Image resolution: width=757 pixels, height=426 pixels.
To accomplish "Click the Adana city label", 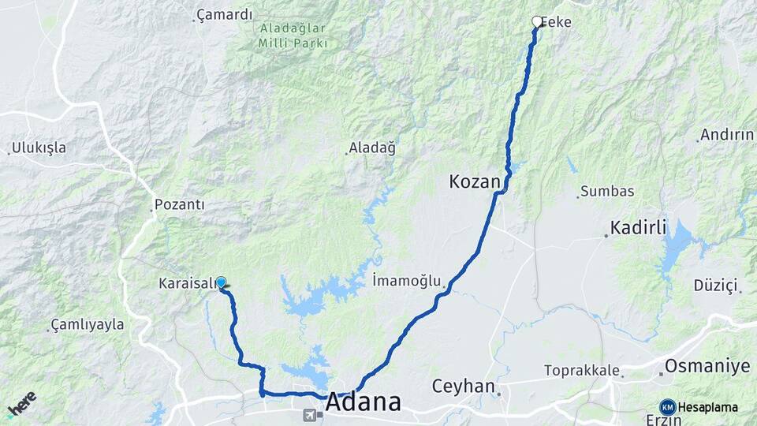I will coord(363,402).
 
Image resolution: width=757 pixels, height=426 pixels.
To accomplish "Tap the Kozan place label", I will coord(475,182).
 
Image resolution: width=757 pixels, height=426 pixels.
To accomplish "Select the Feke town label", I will coord(557,23).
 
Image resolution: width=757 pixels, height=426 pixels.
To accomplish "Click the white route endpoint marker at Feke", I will coord(537,21).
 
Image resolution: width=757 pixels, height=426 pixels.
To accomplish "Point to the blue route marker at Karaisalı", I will coord(222,282).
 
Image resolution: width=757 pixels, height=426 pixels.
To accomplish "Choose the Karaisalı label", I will coord(187,283).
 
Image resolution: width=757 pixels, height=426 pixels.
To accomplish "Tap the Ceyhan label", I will coord(463,387).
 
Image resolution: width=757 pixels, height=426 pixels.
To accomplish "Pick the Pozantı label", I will coord(181,205).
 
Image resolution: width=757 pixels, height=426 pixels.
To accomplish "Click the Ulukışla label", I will coord(40,148).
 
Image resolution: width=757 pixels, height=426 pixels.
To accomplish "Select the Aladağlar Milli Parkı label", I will coord(293,35).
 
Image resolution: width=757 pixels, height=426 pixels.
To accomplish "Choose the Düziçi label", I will coord(715,285).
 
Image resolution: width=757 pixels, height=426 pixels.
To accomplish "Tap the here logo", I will coord(21,404).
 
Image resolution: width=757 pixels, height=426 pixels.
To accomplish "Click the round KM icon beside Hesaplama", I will coord(668,407).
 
